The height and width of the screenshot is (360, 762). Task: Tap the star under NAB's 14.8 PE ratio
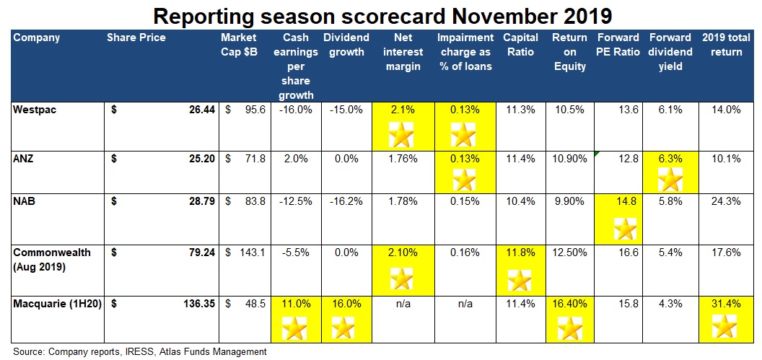[x=624, y=230]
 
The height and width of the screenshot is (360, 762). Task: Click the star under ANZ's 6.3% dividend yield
[x=670, y=180]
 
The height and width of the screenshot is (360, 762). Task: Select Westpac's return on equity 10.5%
[x=570, y=110]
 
